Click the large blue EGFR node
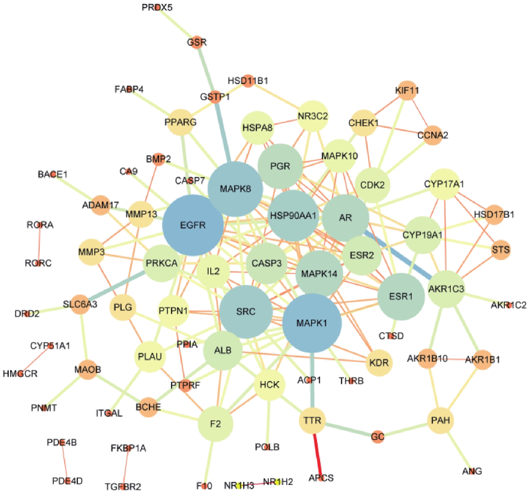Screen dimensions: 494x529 click(193, 225)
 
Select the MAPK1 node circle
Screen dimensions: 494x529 click(312, 323)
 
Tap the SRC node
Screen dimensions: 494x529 click(246, 312)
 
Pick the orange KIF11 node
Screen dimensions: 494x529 click(407, 90)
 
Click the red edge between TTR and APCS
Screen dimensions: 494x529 click(317, 450)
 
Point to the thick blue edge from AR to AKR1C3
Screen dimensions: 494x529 click(400, 255)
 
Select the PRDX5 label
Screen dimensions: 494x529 click(157, 7)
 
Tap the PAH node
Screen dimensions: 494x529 click(440, 420)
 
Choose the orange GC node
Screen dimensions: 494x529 click(378, 437)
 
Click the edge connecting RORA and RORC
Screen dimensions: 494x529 click(39, 244)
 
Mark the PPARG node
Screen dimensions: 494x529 click(181, 122)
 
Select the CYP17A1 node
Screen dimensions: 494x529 click(444, 184)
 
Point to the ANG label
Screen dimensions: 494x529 click(472, 471)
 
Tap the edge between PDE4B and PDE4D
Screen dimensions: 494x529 click(64, 462)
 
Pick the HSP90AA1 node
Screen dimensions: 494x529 click(294, 215)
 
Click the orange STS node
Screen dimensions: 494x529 click(501, 250)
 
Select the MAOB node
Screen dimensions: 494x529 click(88, 370)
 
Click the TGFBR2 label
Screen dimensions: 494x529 click(123, 486)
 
